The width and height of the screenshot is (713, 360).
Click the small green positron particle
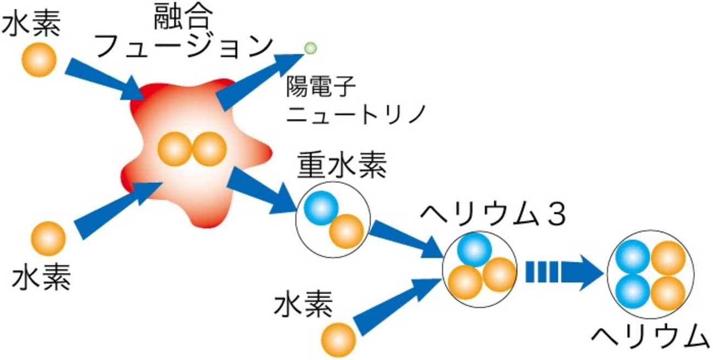[310, 48]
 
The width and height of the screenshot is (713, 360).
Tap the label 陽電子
[321, 87]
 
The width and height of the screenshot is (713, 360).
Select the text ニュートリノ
[356, 114]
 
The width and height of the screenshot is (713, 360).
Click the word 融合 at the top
[183, 17]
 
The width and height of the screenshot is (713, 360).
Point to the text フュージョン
[184, 47]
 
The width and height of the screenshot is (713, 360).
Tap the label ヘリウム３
[493, 215]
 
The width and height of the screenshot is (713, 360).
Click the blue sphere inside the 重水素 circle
[321, 208]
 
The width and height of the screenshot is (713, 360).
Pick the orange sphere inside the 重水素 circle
[346, 232]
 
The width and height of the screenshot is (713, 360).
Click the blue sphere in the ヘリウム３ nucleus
[474, 250]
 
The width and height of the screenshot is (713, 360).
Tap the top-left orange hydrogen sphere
[39, 60]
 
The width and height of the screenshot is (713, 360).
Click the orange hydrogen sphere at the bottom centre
[338, 340]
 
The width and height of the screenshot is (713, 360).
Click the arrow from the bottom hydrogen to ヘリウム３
[397, 306]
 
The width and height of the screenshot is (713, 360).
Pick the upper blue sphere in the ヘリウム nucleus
[632, 257]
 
